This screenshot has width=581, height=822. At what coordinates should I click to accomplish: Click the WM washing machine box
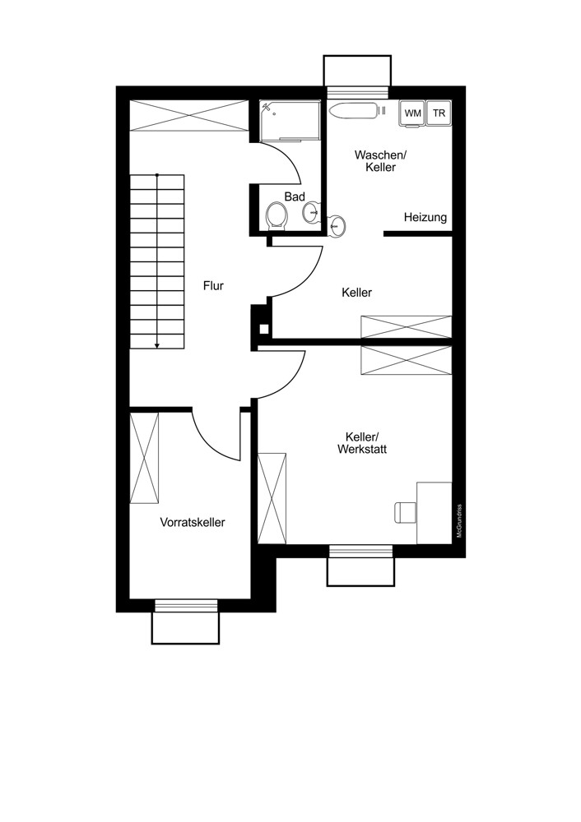click(412, 114)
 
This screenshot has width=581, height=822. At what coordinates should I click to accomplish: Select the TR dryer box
click(439, 114)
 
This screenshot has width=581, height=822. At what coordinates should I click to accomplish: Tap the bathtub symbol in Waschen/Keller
click(352, 110)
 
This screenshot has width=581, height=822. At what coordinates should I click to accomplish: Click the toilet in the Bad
click(277, 216)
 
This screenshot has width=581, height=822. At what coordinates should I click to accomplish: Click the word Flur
click(214, 286)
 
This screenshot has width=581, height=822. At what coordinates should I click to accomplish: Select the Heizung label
click(425, 218)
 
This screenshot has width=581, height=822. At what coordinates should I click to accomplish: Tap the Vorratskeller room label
click(193, 522)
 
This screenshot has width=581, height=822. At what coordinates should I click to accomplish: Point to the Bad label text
click(295, 196)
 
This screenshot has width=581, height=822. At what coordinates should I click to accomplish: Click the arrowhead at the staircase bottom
click(156, 345)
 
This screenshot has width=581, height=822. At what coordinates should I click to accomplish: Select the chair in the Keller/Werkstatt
click(404, 511)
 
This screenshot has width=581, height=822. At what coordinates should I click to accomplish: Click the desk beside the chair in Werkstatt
click(434, 512)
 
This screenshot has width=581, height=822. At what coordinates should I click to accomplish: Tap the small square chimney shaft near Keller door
click(263, 330)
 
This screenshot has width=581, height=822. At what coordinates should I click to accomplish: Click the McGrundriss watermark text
click(459, 521)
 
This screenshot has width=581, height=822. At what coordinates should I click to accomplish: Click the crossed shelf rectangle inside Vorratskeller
click(144, 459)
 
